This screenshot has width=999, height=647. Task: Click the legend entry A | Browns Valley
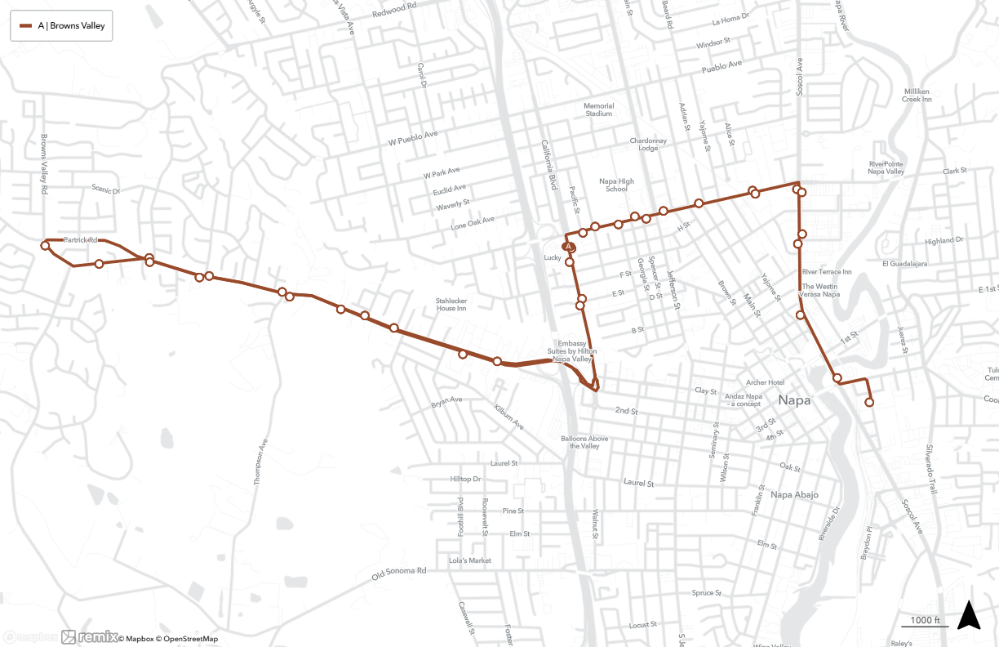pos(61,26)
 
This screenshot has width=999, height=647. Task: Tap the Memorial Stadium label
pos(598,109)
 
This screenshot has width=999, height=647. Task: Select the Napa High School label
pos(616,185)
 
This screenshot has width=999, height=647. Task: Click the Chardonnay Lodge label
pos(648,145)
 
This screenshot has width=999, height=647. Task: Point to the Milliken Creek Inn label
pos(917,95)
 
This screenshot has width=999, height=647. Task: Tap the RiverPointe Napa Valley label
pos(887,167)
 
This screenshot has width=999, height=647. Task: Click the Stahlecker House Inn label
pos(451,304)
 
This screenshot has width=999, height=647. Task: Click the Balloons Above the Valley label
pos(584,442)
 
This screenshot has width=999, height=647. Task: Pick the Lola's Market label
pos(470,560)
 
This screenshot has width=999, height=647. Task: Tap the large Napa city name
pos(794,400)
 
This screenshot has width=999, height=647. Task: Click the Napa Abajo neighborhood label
pos(794,495)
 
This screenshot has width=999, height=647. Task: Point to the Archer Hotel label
pos(765,382)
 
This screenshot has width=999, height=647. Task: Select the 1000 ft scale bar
pos(926,622)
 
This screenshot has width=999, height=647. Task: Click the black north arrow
pos(969,615)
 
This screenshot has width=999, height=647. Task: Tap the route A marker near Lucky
pos(568,245)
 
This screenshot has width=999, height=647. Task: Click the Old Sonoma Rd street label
pos(399,574)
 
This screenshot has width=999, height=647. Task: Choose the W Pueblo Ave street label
pos(413,137)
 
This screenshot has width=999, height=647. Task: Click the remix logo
pos(89,637)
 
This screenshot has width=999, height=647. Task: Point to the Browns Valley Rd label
pos(44,163)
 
